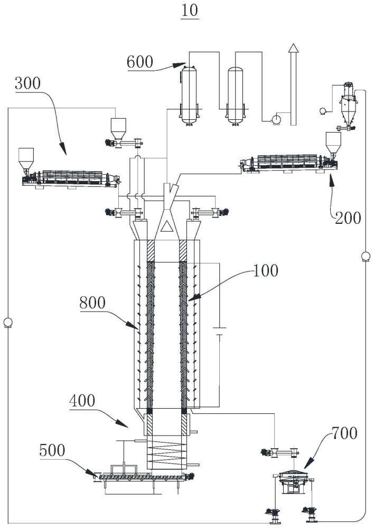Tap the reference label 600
[140, 62]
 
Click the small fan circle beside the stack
[274, 120]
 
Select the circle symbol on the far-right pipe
[365, 257]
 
